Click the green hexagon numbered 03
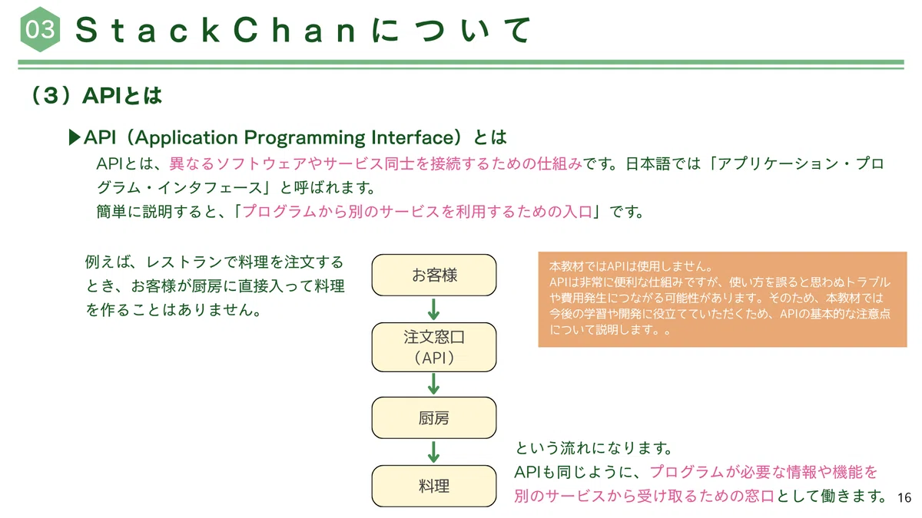pos(40,29)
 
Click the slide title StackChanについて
pos(303,30)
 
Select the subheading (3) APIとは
pos(96,95)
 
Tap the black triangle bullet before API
pos(74,137)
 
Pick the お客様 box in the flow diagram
pos(434,275)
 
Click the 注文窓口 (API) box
pos(434,347)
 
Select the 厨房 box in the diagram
pos(434,417)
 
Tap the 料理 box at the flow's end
pos(434,486)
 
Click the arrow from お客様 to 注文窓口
pos(433,309)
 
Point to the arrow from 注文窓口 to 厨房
pos(433,384)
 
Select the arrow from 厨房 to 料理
pos(433,452)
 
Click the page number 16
pos(904,498)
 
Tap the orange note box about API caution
pos(722,299)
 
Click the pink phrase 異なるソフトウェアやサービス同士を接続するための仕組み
pos(376,163)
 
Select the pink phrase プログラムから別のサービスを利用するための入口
pos(417,212)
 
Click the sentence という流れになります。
pos(593,448)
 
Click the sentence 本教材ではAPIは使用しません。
pos(631,266)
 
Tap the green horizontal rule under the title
pos(461,64)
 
